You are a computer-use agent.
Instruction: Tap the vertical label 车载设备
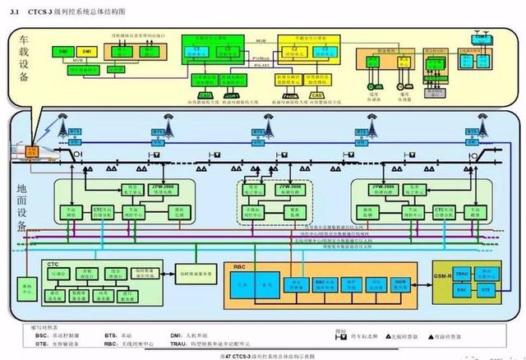(22, 65)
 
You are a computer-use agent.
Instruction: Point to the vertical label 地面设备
(22, 210)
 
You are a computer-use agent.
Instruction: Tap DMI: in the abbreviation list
(178, 335)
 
